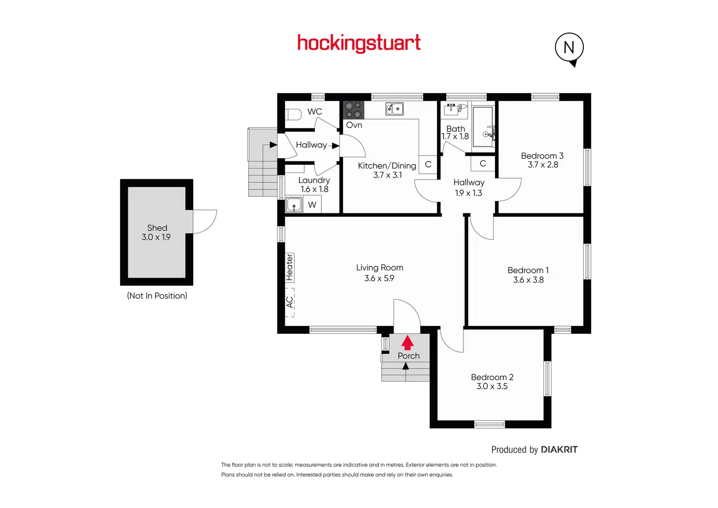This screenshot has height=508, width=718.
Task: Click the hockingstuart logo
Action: point(359,43)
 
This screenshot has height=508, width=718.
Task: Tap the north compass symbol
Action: point(569,48)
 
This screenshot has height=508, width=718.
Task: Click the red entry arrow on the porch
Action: point(407,343)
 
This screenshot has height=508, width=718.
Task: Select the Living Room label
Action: point(379,267)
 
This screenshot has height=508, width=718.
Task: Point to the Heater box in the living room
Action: point(289,267)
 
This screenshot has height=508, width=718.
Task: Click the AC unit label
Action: point(290,302)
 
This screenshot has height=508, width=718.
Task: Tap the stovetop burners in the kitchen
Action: point(353,110)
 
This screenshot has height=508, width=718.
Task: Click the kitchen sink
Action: point(395,108)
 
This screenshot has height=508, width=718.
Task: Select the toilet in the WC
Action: point(294,115)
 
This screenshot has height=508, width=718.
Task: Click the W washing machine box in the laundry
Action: point(312,205)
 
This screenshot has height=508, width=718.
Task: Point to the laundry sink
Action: point(294,204)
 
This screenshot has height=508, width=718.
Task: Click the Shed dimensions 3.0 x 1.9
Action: point(156,237)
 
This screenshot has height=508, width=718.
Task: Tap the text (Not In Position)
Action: point(157,296)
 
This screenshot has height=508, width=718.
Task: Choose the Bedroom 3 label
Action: point(542,156)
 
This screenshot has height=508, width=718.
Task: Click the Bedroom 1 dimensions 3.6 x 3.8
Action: point(528,280)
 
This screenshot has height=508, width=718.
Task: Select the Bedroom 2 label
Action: point(492,377)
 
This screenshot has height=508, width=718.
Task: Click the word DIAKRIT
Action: point(559,449)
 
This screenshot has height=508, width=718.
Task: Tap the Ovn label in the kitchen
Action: point(354,125)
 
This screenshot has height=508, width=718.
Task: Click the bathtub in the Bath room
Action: point(483,127)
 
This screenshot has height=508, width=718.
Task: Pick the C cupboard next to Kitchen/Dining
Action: point(428,164)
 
